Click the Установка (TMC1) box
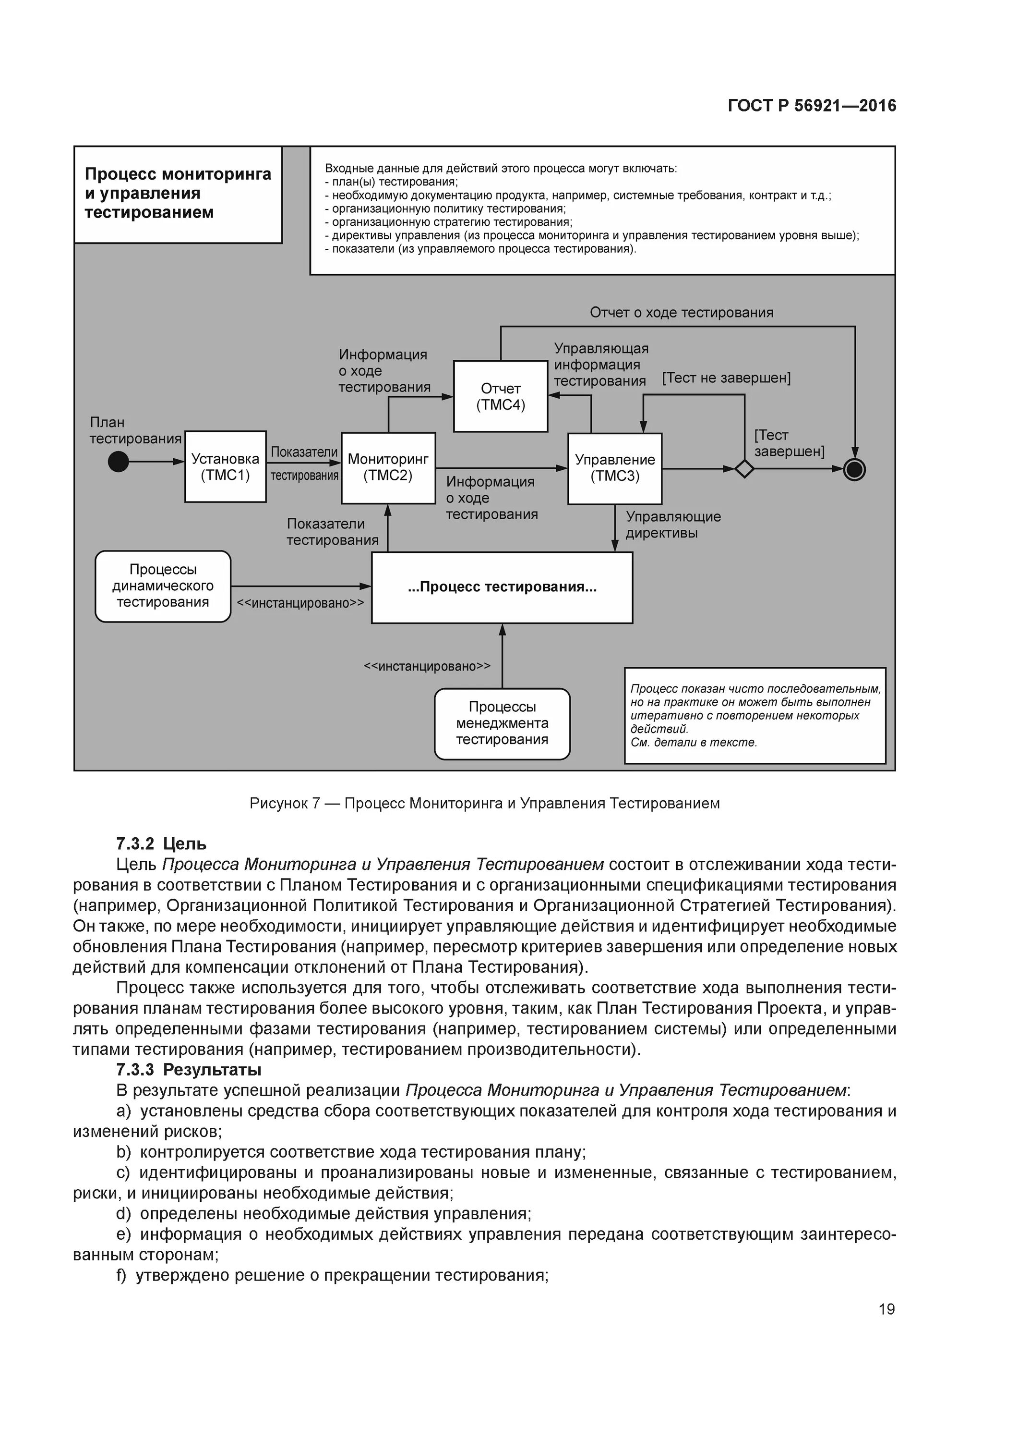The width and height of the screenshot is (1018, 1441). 225,466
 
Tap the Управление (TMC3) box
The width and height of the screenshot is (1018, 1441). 615,468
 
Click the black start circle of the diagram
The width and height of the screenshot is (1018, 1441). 119,462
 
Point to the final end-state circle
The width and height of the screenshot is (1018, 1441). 854,469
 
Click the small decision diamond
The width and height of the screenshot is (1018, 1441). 744,468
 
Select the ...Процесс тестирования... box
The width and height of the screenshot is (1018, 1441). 502,587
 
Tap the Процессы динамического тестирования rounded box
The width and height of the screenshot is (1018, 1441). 163,586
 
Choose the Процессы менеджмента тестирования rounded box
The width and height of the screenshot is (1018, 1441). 502,724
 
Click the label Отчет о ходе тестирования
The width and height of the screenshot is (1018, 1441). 681,313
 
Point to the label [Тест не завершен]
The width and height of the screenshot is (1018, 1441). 726,378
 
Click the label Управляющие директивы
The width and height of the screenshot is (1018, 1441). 673,525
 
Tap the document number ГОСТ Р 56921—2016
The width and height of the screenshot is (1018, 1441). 812,106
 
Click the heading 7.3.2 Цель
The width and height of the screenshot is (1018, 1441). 161,843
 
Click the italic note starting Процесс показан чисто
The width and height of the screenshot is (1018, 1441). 755,716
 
